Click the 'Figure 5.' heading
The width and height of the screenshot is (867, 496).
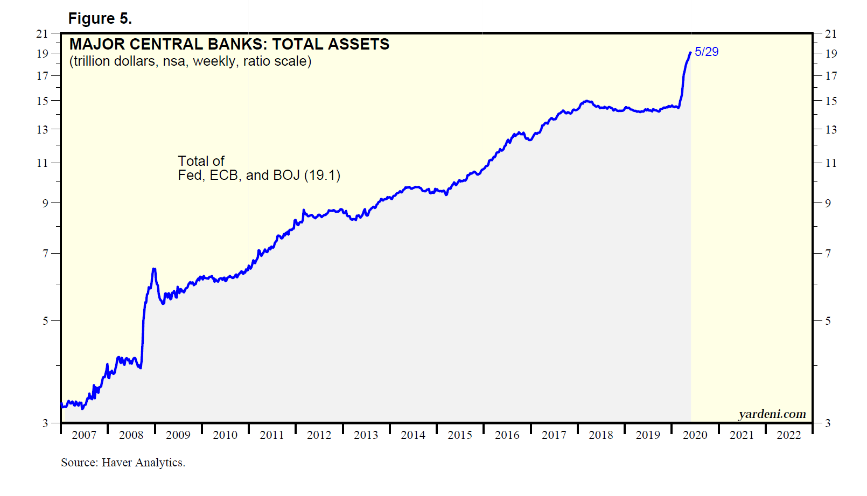(x=100, y=19)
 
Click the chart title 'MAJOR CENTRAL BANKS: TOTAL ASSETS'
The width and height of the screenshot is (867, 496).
(x=229, y=44)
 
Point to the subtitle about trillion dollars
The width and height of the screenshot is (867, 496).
(x=190, y=61)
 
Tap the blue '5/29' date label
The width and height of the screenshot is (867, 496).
(x=707, y=52)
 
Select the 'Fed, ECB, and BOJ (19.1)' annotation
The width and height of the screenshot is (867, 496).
(x=259, y=176)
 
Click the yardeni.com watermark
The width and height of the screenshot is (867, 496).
(x=772, y=414)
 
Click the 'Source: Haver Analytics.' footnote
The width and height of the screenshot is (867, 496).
(x=123, y=463)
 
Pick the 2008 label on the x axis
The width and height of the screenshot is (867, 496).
(x=131, y=435)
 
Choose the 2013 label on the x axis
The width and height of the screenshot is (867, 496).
(x=366, y=435)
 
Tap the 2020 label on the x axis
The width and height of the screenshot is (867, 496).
(x=695, y=435)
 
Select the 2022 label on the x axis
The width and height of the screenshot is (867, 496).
(x=788, y=435)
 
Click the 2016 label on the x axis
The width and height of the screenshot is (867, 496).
(x=507, y=435)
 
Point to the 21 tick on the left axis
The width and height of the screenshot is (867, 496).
(x=42, y=34)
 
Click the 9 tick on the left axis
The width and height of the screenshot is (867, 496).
(x=45, y=203)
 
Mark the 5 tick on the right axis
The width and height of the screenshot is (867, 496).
(x=828, y=321)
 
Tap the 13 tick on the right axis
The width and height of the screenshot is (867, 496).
(x=831, y=130)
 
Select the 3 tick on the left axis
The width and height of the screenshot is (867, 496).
(x=45, y=423)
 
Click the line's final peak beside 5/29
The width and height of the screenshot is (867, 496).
(x=690, y=52)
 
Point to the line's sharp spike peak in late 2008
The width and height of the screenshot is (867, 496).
(x=154, y=269)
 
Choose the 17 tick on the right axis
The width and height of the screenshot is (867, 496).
(x=831, y=76)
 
